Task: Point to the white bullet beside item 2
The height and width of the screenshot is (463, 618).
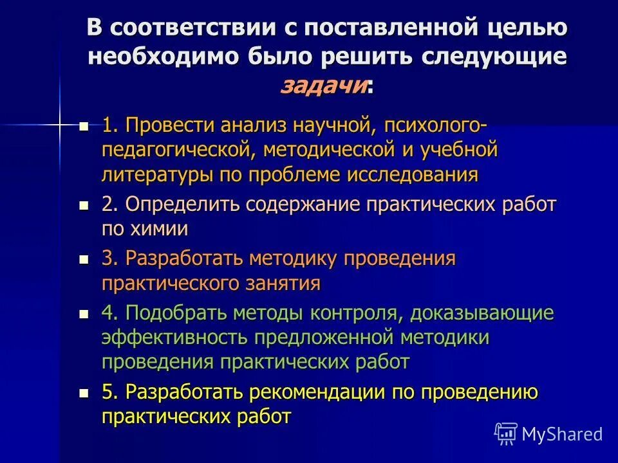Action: (84, 206)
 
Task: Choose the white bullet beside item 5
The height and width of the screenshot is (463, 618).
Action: (84, 392)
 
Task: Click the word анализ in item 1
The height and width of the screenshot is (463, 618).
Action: (247, 125)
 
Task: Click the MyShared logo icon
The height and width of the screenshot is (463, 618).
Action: (506, 433)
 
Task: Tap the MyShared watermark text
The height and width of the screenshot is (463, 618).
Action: (562, 434)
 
